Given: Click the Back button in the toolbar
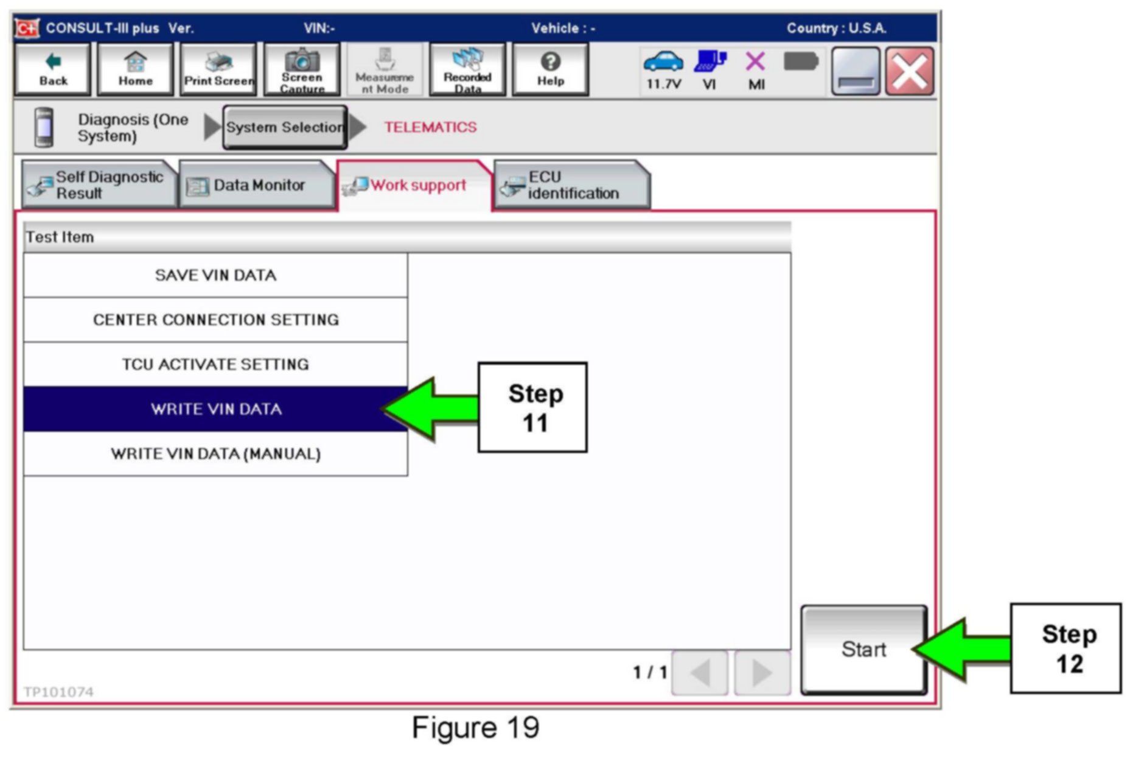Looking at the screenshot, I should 53,69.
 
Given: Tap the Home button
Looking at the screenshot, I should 135,69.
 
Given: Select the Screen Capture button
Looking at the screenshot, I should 302,69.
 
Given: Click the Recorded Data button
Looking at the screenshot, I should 467,69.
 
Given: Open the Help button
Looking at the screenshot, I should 550,69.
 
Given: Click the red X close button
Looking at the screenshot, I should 909,71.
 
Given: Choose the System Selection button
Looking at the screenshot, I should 285,127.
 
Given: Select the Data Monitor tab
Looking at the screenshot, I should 257,185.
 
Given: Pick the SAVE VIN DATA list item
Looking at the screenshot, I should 215,275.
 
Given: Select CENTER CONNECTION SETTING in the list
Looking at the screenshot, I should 215,320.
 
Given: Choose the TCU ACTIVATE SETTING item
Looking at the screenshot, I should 215,364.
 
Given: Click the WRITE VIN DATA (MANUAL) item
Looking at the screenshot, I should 215,454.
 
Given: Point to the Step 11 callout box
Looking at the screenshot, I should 533,407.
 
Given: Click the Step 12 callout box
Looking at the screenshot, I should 1066,648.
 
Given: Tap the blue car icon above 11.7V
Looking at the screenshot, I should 663,61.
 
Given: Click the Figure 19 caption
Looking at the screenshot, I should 475,728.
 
